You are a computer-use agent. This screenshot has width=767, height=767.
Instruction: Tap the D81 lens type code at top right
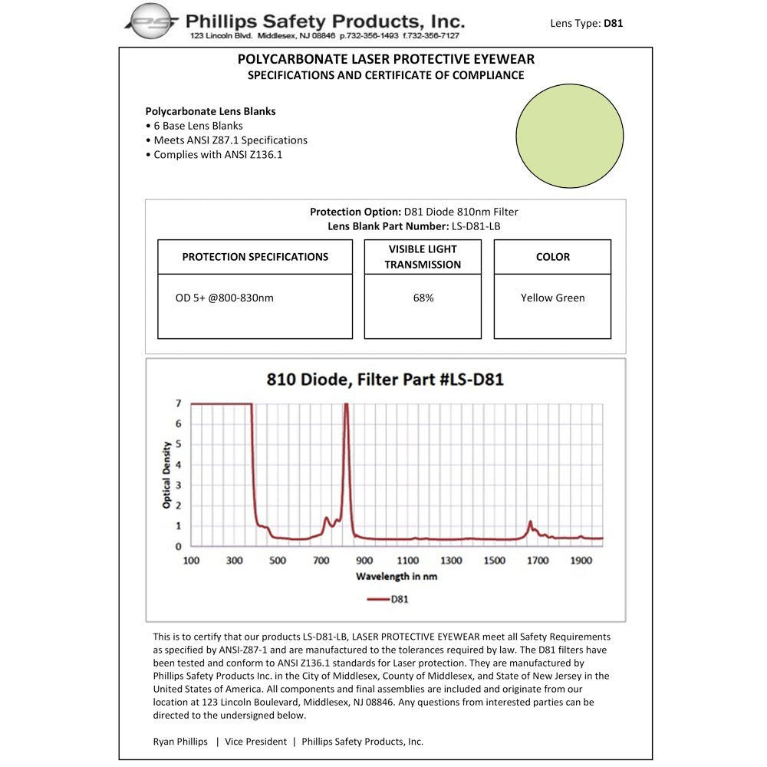613,23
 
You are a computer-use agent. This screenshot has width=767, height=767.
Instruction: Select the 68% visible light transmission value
423,298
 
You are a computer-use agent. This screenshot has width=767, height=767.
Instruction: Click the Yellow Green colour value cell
552,298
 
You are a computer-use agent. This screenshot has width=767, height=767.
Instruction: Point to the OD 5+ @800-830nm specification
224,298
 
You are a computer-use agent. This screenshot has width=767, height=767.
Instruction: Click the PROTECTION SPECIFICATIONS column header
255,257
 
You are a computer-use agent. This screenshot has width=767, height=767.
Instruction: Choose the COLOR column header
552,257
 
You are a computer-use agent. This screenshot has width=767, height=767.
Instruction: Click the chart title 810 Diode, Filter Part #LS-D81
385,379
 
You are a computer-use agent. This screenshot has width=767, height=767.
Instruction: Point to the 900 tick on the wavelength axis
364,561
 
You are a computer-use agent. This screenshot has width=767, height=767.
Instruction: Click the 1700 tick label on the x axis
538,561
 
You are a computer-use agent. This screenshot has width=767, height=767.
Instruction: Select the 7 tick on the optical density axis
178,403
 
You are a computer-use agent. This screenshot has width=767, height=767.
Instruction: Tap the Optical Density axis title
166,475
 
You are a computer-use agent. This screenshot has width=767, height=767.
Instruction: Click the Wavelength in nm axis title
397,576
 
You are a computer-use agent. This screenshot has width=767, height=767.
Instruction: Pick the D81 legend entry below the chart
388,599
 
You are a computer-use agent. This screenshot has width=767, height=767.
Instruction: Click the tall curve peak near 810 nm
346,407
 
